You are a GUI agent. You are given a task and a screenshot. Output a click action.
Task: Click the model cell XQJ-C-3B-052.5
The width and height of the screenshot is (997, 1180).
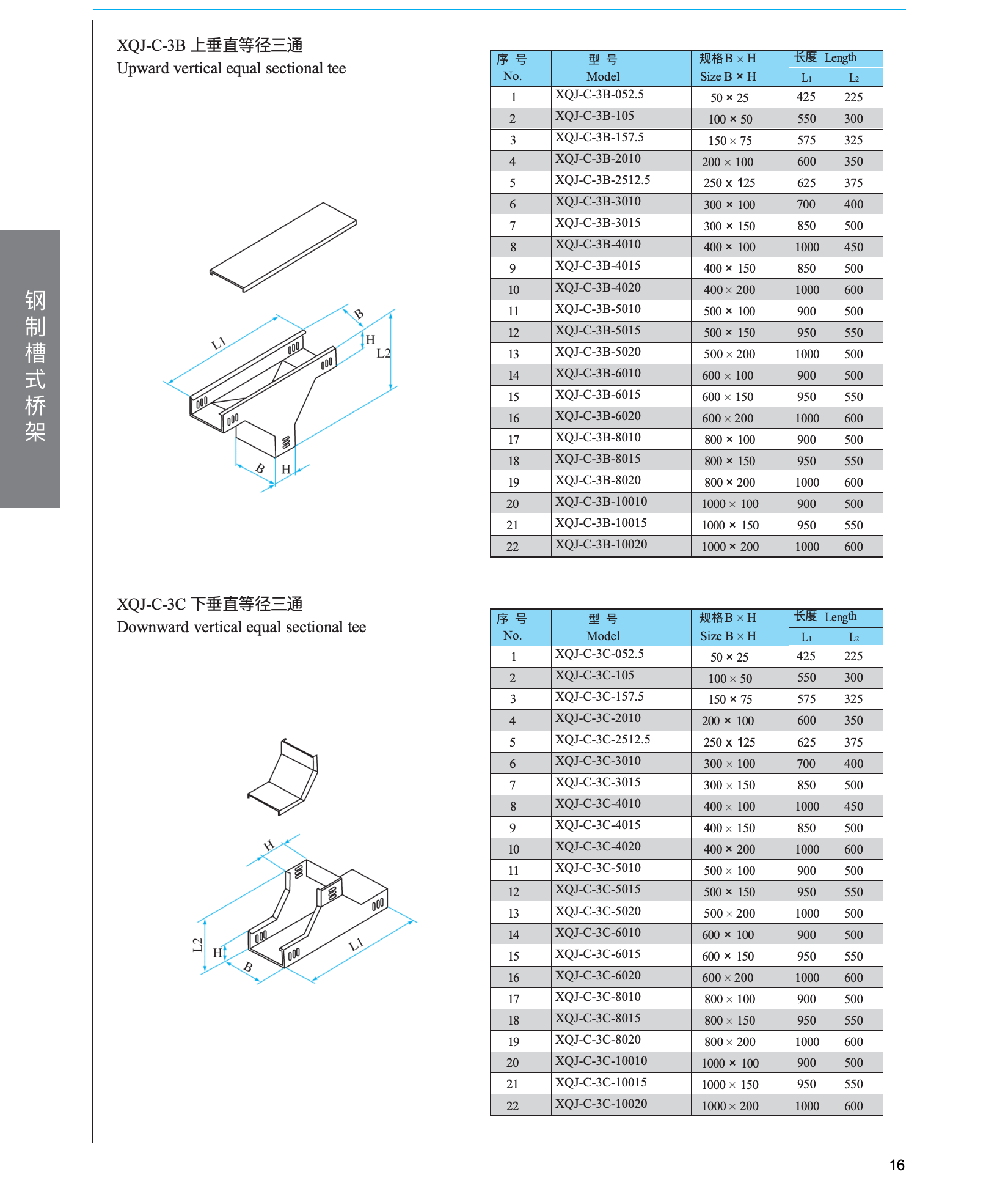click(x=599, y=95)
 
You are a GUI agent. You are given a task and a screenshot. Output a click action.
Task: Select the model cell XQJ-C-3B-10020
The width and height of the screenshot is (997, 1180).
click(x=601, y=545)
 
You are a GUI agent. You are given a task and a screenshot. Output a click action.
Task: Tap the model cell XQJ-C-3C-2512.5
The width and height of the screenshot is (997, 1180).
click(x=602, y=740)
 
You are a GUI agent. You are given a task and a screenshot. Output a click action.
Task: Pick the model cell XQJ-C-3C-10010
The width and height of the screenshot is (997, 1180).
click(x=601, y=1061)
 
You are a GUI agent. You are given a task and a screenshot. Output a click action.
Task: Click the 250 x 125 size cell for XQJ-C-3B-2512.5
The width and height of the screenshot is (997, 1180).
click(x=729, y=183)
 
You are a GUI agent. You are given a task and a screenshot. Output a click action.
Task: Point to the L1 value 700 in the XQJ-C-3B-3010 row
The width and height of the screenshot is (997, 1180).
click(x=806, y=204)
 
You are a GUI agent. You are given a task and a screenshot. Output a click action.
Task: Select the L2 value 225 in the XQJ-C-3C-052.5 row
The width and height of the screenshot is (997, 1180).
click(x=853, y=656)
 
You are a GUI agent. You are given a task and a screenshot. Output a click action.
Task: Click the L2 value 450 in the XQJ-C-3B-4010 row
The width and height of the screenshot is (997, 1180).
click(x=853, y=247)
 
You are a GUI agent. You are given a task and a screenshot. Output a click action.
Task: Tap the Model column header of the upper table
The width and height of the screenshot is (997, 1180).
click(x=603, y=68)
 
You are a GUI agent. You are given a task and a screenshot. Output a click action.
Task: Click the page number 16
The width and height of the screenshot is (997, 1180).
click(x=897, y=1165)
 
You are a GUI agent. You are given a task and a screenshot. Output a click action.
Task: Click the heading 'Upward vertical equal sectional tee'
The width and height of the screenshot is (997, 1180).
click(x=231, y=68)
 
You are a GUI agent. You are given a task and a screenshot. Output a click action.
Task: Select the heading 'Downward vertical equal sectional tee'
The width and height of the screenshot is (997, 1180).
click(x=241, y=627)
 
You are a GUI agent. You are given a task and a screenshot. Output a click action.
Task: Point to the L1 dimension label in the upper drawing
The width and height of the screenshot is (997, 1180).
click(x=218, y=344)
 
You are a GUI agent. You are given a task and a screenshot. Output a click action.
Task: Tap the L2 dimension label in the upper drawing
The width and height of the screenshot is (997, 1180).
click(x=383, y=353)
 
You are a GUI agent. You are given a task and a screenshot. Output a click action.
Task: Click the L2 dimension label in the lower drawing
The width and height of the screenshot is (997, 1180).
click(x=197, y=945)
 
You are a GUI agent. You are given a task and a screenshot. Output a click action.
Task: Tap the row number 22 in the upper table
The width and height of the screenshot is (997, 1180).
click(x=513, y=547)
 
